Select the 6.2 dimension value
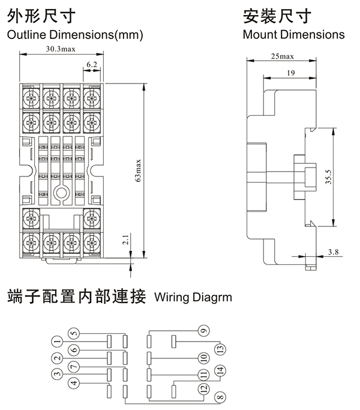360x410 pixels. [x=92, y=63]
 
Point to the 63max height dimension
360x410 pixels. [x=139, y=170]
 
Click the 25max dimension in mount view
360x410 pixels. [x=282, y=56]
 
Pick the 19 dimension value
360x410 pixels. [x=290, y=73]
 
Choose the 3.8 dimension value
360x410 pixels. [x=334, y=253]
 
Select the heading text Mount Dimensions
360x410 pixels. [x=293, y=34]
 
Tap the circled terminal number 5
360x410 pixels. [x=74, y=334]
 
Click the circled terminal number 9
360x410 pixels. [x=203, y=331]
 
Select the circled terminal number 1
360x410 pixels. [x=58, y=343]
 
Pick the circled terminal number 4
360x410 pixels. [x=74, y=382]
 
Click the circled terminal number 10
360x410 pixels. [x=203, y=358]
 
